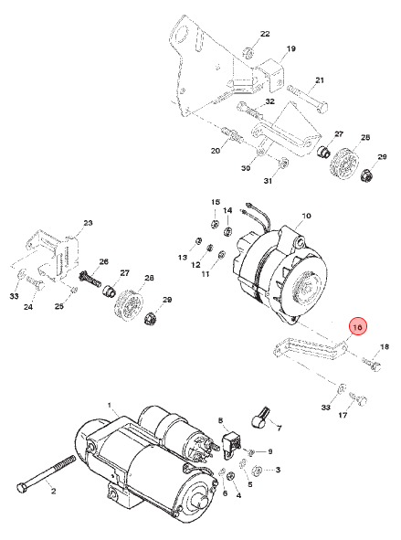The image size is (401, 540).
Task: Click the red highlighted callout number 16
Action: coord(358,326)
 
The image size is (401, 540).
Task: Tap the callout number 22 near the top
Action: coord(265,34)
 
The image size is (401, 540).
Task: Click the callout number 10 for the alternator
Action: coord(306,216)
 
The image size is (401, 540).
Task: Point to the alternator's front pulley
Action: coord(305,284)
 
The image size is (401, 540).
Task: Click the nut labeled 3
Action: coord(257,470)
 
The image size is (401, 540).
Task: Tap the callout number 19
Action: coord(290,48)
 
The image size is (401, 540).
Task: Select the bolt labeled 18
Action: coord(372,364)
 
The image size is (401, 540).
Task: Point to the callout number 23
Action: coord(88,223)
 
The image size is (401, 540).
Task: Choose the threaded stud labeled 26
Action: coord(90,279)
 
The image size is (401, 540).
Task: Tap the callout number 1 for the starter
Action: coord(110,405)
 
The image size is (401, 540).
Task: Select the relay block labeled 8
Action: coord(231,445)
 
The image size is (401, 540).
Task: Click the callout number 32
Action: coord(269,101)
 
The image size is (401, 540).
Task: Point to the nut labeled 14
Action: coord(227,231)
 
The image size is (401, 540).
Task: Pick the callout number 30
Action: coord(246,168)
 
